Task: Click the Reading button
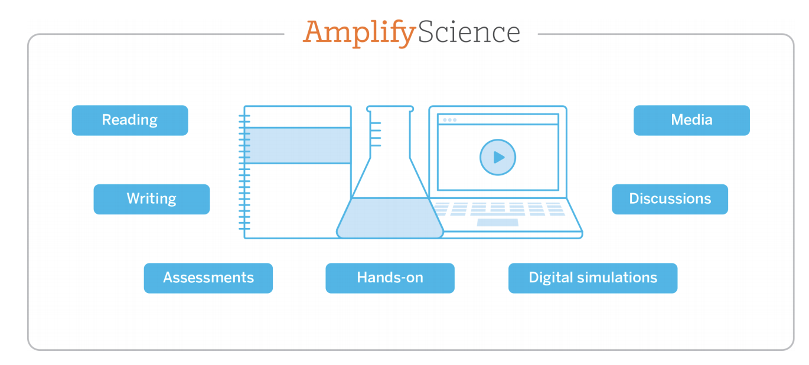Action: tap(130, 120)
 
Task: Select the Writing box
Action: tap(152, 199)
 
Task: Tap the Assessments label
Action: tap(208, 278)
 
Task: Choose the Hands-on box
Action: tap(390, 278)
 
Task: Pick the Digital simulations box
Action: tap(593, 278)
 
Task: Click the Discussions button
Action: tap(670, 199)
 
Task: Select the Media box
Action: tap(691, 120)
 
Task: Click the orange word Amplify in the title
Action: tap(360, 33)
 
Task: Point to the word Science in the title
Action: tap(469, 32)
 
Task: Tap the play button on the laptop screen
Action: tap(498, 157)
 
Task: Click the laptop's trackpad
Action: tap(498, 222)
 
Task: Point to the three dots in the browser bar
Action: tap(449, 120)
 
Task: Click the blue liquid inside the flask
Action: tap(390, 218)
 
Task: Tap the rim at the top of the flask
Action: tap(390, 109)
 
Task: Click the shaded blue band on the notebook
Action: tap(298, 145)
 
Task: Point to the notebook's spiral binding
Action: tap(244, 172)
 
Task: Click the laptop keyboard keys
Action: tap(498, 209)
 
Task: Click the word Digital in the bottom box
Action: tap(550, 278)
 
